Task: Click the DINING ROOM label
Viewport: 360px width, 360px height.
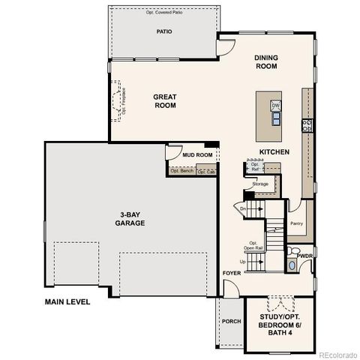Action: coord(265,61)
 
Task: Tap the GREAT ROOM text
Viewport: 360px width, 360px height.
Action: coord(164,100)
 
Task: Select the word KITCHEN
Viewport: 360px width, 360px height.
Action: coord(274,152)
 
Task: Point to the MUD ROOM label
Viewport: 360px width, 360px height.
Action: coord(198,155)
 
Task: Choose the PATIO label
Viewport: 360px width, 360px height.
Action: coord(164,32)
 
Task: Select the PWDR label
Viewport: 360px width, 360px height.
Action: coord(304,256)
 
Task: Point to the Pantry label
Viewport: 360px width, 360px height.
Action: coord(296,223)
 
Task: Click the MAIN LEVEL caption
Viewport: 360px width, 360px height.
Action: coord(67,301)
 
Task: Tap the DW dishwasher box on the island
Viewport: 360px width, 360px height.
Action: coord(275,105)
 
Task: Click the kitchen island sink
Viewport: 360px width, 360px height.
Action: coord(275,117)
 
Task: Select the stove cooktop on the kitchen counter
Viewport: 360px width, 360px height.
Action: coord(306,125)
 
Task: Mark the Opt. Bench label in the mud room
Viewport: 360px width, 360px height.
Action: coord(181,171)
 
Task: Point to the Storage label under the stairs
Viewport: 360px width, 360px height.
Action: coord(260,183)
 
